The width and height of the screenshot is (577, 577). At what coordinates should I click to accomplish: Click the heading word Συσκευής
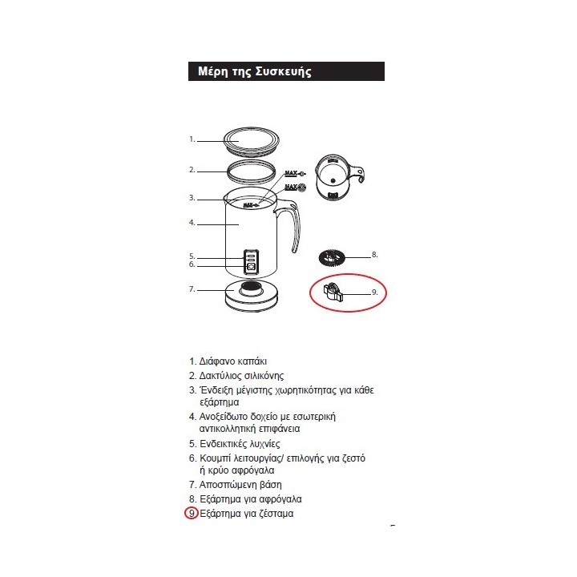(284, 72)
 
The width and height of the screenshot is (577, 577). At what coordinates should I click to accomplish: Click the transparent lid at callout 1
(252, 141)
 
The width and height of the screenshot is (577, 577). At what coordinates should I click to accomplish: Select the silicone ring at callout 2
(252, 171)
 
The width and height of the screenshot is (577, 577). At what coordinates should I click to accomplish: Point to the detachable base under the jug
(252, 296)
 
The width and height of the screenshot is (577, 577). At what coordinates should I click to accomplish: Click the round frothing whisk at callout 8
(332, 257)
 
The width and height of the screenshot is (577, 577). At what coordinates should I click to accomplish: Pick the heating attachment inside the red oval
(335, 293)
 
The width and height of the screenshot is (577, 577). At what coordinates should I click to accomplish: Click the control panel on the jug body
(251, 262)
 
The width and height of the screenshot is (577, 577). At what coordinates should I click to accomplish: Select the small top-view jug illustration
(339, 177)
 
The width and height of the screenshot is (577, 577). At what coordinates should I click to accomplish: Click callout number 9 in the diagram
(374, 293)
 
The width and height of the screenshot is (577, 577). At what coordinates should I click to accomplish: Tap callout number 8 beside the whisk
(374, 255)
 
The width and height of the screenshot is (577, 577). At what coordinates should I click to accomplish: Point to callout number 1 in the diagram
(192, 139)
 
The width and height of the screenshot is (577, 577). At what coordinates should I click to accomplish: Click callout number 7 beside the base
(192, 289)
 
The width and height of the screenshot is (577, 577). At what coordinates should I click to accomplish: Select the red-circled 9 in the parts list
(192, 513)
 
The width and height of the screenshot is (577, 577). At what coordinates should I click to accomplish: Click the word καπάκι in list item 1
(252, 361)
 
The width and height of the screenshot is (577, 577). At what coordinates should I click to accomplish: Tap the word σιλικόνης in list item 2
(264, 376)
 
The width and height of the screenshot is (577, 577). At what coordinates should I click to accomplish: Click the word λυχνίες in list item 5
(264, 444)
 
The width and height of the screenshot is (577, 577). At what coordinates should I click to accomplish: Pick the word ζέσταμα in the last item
(276, 514)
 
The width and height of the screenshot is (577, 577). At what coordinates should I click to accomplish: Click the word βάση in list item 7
(271, 485)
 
